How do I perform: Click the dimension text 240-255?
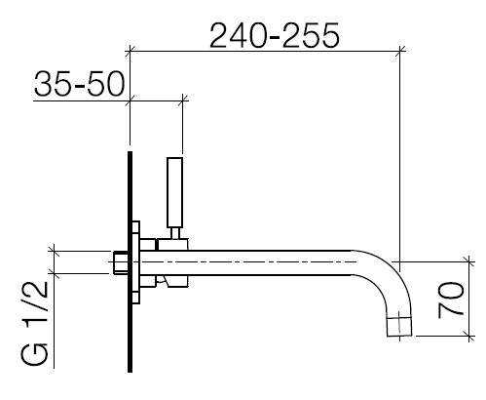pos(275,36)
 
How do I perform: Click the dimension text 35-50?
pos(79,84)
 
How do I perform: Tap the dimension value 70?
pos(450,300)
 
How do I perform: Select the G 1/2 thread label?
pos(34,323)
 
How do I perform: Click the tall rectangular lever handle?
pos(174,192)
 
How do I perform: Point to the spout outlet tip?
pos(399,327)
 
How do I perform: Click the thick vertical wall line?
pos(130,261)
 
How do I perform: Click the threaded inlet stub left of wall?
pos(120,262)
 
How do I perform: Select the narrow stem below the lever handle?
pos(175,233)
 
